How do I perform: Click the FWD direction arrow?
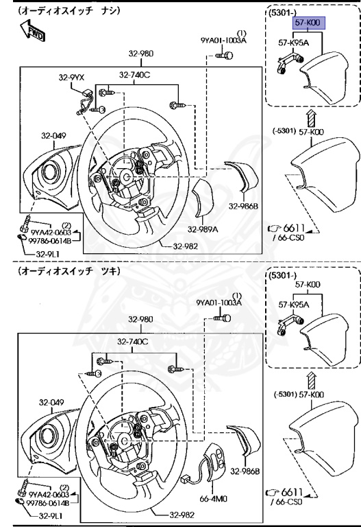[32, 30]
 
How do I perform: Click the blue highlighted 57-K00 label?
[308, 23]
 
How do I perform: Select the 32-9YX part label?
[71, 78]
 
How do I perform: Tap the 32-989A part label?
[203, 230]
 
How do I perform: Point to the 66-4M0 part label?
[213, 498]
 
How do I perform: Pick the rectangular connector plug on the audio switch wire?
[186, 478]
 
